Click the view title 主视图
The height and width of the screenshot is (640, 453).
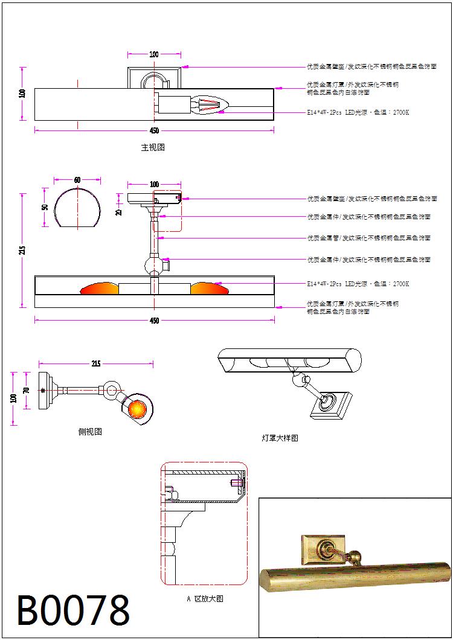pyautogui.click(x=153, y=147)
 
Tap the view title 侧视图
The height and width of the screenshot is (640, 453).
pyautogui.click(x=90, y=431)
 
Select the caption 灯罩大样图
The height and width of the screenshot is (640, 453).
pyautogui.click(x=280, y=438)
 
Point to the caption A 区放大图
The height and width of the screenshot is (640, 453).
pyautogui.click(x=205, y=599)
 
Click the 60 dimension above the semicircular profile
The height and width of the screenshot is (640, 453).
pyautogui.click(x=77, y=180)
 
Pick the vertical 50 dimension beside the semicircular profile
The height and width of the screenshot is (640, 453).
pyautogui.click(x=45, y=207)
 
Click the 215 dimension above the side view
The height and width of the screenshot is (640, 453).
pyautogui.click(x=96, y=363)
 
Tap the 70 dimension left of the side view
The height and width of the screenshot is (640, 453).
pyautogui.click(x=26, y=390)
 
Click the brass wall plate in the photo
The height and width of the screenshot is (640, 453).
pyautogui.click(x=323, y=549)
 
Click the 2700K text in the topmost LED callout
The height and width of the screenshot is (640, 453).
pyautogui.click(x=400, y=112)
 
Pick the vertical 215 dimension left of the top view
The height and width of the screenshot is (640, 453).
pyautogui.click(x=22, y=250)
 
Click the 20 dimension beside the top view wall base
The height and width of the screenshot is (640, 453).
pyautogui.click(x=119, y=211)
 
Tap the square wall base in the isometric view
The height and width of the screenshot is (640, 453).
pyautogui.click(x=330, y=404)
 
